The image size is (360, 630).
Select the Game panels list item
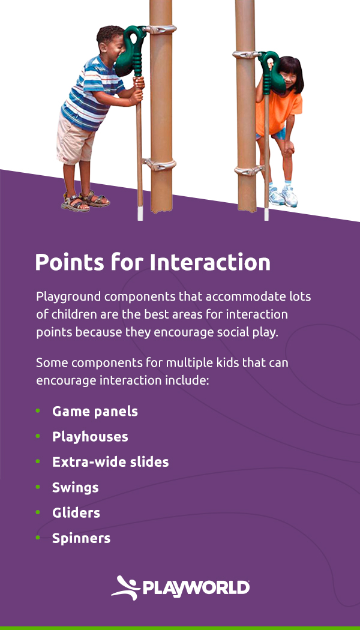click(95, 412)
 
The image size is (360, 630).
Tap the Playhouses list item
click(90, 437)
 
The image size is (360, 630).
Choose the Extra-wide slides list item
click(110, 462)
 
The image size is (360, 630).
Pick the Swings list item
click(75, 488)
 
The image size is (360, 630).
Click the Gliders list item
click(76, 513)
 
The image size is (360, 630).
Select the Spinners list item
click(81, 538)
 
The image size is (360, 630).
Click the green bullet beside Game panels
click(38, 411)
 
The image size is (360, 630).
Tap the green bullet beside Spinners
click(38, 538)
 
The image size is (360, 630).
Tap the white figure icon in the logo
click(124, 587)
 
